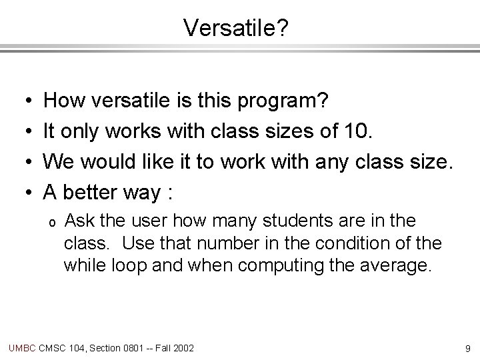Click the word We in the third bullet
tap(58, 161)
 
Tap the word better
tap(90, 193)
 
